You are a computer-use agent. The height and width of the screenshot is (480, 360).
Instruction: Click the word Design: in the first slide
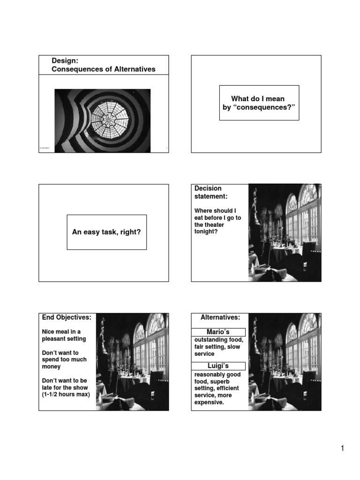tap(65, 61)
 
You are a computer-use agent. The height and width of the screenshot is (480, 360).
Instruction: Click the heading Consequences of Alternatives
tap(103, 69)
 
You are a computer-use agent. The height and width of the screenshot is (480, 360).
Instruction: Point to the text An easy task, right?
tap(106, 232)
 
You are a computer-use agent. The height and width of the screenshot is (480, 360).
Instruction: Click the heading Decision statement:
tap(208, 192)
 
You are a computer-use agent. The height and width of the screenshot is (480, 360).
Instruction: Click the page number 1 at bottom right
tap(343, 449)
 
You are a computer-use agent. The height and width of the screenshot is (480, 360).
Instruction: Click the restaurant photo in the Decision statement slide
tap(285, 232)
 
